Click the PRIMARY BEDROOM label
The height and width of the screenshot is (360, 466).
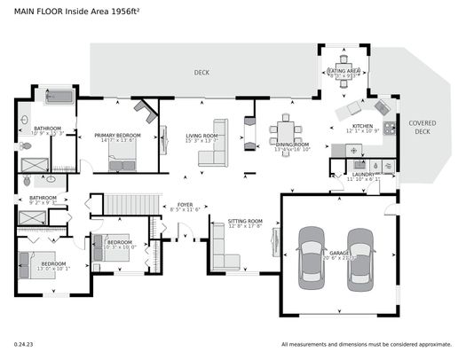coord(117,136)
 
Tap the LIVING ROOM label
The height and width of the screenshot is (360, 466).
coord(201,136)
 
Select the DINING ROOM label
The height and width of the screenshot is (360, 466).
coord(291,145)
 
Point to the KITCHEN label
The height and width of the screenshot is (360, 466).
coord(362,127)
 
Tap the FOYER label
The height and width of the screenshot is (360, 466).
coord(185,205)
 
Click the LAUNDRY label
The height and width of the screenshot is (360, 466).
coord(362,175)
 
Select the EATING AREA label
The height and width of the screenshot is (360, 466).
coord(344,70)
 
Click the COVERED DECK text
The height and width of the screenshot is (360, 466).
coord(423,127)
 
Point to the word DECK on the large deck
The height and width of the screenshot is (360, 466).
coord(202,72)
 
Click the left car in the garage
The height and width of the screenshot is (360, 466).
coord(312,255)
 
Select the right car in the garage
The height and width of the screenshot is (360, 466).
coord(360,255)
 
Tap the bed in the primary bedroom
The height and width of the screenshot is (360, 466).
coord(122,158)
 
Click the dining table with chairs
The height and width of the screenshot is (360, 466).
coord(286,128)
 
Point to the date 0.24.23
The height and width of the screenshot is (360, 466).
coord(22,343)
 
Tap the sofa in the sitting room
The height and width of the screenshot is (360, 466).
coord(222,248)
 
